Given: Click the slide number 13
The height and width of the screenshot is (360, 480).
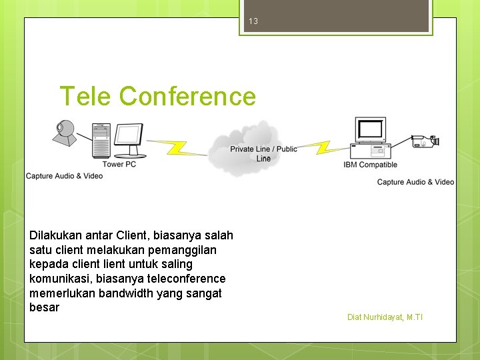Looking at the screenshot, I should pyautogui.click(x=253, y=21).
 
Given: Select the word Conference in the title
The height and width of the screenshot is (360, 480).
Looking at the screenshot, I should pyautogui.click(x=187, y=97).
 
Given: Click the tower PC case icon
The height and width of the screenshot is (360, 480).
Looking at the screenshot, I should pyautogui.click(x=100, y=140).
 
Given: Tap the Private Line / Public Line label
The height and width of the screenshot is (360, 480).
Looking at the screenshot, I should pyautogui.click(x=263, y=153).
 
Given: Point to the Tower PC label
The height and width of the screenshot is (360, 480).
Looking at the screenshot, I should pyautogui.click(x=119, y=164).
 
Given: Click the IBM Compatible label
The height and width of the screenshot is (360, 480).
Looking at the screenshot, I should pyautogui.click(x=370, y=165).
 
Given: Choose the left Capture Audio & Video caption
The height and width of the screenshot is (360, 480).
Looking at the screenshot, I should pyautogui.click(x=64, y=176).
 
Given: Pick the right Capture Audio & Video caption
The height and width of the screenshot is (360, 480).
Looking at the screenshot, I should pyautogui.click(x=415, y=182).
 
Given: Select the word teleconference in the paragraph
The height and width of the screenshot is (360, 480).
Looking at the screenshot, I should pyautogui.click(x=189, y=279).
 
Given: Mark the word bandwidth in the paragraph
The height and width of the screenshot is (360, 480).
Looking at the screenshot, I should pyautogui.click(x=126, y=293).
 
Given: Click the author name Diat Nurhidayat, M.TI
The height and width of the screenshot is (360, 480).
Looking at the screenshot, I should pyautogui.click(x=385, y=317).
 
